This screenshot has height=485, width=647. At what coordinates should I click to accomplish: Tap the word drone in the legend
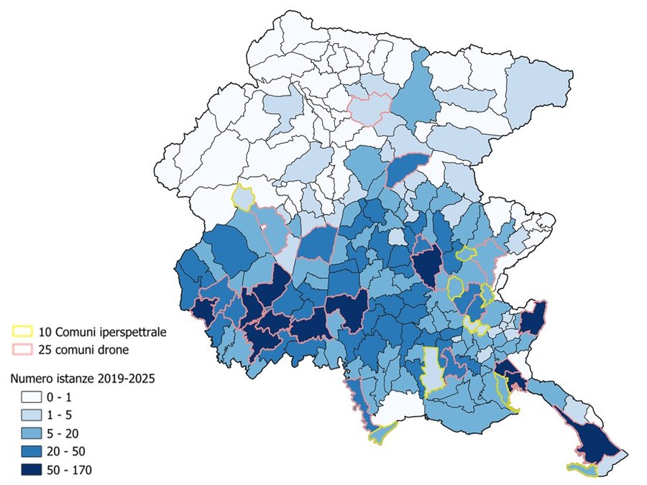click(x=119, y=350)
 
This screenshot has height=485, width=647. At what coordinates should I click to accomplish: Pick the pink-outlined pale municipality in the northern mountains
click(x=370, y=108)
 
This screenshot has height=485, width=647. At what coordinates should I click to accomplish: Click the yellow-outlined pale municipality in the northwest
click(x=244, y=197)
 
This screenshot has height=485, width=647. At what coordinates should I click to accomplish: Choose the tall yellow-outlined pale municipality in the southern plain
click(x=431, y=371)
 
